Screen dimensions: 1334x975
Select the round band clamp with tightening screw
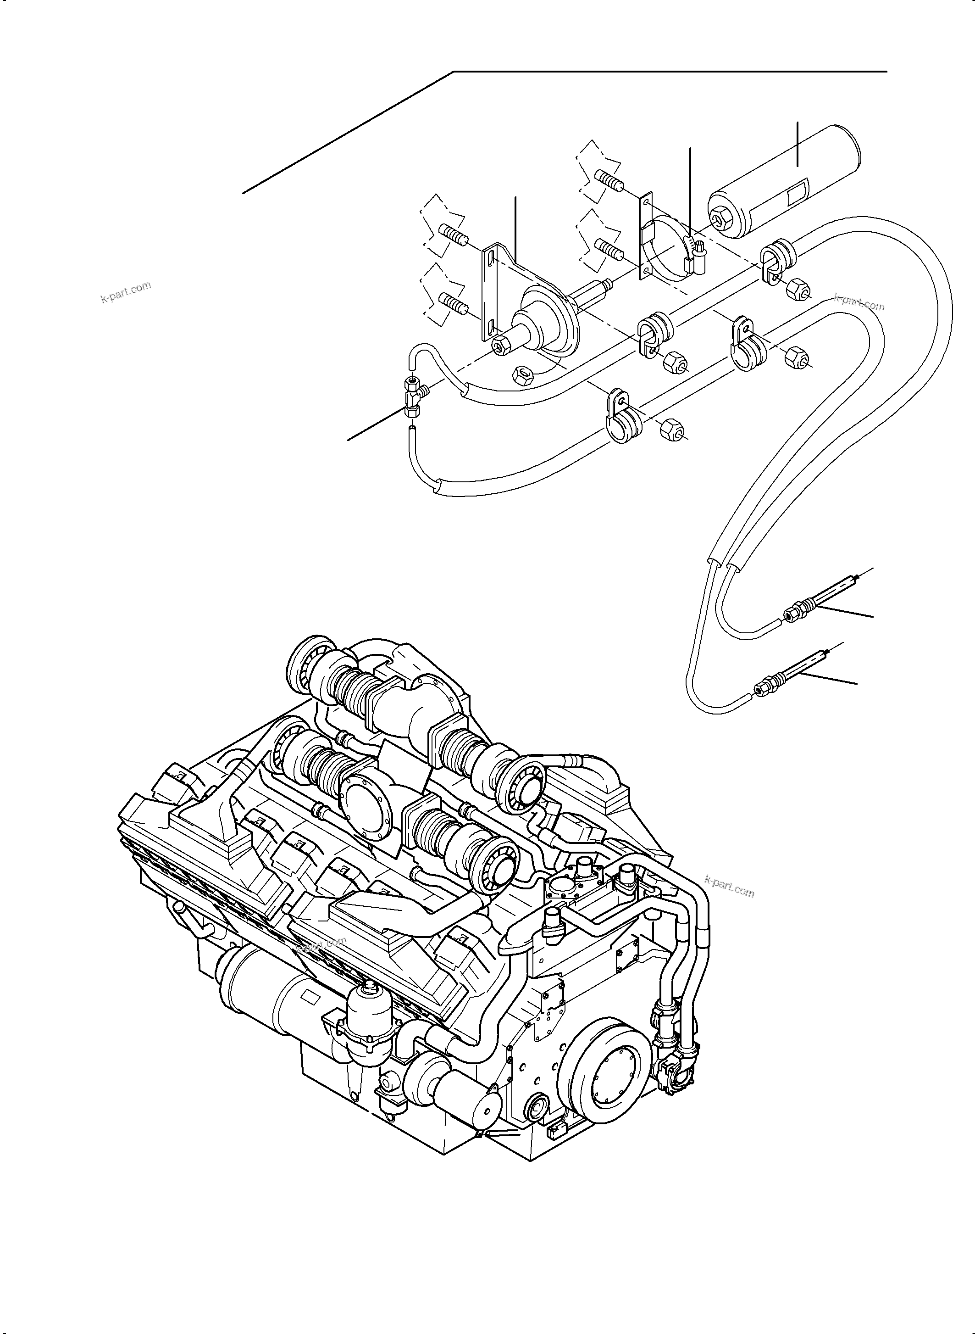[x=673, y=251]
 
